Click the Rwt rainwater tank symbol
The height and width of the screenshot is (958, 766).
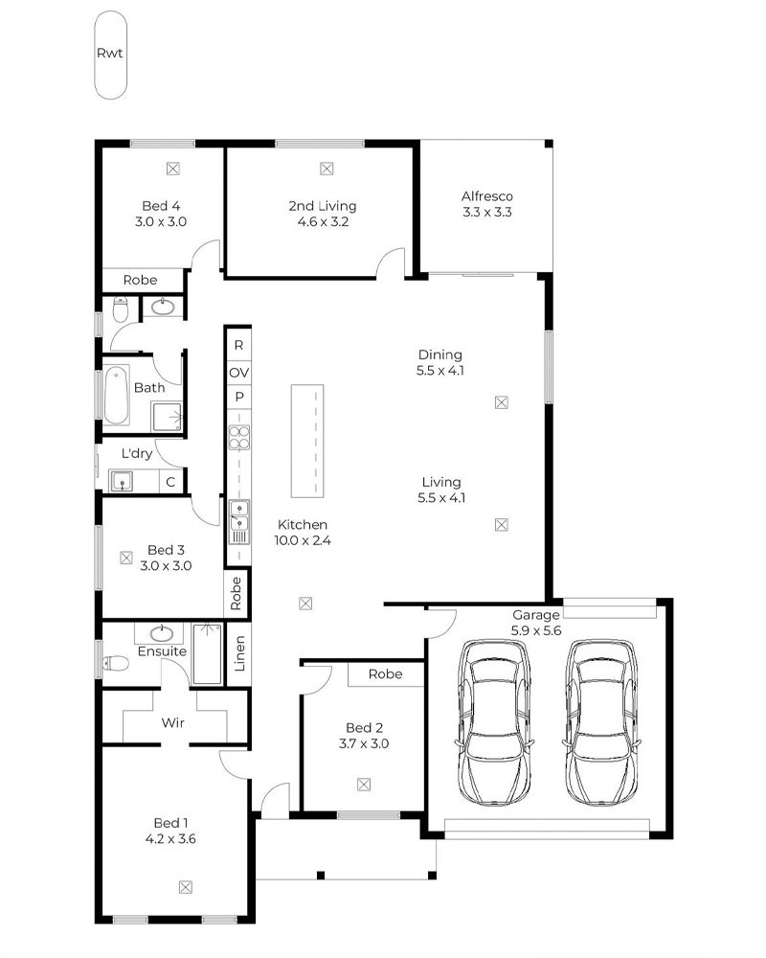point(110,55)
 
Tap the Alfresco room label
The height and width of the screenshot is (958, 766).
point(486,196)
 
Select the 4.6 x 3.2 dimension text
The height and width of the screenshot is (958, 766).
point(323,222)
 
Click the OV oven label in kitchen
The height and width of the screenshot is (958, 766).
point(238,372)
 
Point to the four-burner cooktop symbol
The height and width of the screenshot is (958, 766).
point(238,438)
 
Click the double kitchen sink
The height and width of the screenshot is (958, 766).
point(238,515)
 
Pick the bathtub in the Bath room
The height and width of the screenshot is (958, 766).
point(116,396)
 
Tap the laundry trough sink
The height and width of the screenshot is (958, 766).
point(122,482)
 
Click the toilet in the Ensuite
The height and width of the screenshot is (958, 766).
point(115,663)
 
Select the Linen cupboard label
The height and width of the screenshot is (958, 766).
point(239,653)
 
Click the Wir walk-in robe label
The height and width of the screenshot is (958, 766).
point(173,722)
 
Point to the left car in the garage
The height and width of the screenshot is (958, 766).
point(493,722)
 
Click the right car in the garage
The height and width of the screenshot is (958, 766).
point(601,722)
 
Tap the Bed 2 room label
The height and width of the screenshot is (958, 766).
point(364,728)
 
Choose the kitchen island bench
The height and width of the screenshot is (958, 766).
point(307,441)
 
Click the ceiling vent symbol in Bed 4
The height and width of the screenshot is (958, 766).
point(173,168)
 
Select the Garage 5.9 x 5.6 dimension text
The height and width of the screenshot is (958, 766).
point(536,630)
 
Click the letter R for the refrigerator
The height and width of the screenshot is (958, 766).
point(238,345)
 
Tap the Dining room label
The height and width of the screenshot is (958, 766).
point(439,354)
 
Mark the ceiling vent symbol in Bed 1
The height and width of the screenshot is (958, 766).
point(186,887)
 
